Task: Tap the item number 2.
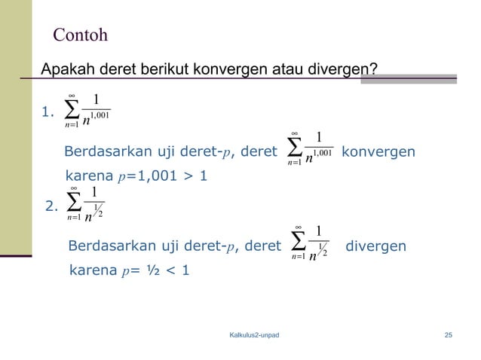[x=52, y=206]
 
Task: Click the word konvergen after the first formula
[x=378, y=152]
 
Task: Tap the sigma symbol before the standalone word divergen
[x=296, y=241]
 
